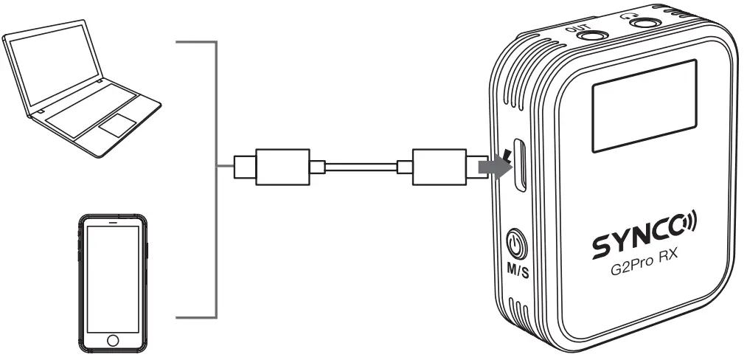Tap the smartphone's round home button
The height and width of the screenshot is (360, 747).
pos(113,339)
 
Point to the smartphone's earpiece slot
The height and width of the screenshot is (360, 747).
pos(113,222)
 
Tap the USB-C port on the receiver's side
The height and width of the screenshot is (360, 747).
pos(521,165)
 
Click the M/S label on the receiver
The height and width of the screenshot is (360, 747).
pos(516,271)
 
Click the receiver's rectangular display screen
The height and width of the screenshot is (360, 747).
pos(644,105)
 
